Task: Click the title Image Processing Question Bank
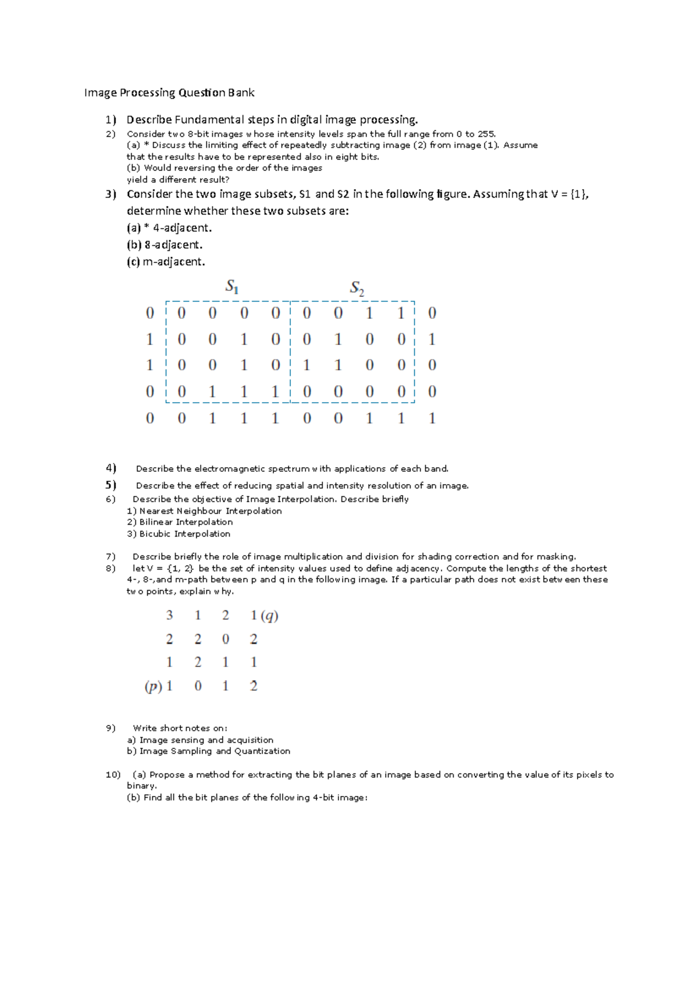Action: (169, 93)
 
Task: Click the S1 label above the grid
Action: (232, 286)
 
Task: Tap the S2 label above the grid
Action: (357, 287)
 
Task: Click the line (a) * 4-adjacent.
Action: (169, 228)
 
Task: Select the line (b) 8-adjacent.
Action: (165, 245)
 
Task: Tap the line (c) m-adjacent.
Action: (166, 262)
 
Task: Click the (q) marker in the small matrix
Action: (269, 616)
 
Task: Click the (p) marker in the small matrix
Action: (153, 687)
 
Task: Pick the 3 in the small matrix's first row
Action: (169, 616)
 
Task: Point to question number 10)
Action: (113, 774)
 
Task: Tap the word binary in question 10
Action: (141, 786)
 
